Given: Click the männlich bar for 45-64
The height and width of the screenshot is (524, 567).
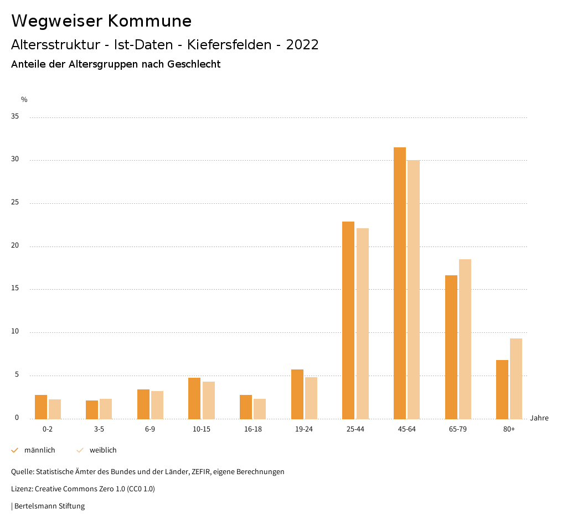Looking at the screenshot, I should (400, 283).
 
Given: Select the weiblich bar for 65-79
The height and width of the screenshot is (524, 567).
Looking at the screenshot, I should (465, 339).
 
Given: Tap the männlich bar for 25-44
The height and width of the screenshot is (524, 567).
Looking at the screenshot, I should (348, 320).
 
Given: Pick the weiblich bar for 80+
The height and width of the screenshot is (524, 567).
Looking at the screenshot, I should (516, 379).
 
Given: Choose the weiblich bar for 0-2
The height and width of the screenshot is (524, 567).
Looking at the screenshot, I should (55, 409).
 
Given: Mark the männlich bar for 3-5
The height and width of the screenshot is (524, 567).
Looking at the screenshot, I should (92, 410).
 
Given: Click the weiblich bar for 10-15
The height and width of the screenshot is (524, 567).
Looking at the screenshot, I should (209, 400).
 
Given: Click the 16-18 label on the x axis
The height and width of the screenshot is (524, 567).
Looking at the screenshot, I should (252, 429).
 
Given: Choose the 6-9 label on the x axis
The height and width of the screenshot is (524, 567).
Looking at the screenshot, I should (150, 429).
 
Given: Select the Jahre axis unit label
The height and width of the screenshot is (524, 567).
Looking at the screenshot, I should (539, 418).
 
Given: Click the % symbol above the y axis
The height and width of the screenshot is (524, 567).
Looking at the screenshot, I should (24, 100).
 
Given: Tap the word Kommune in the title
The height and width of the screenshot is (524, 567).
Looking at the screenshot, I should (149, 21).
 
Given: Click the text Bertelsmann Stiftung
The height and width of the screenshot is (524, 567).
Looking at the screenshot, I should (49, 506).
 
